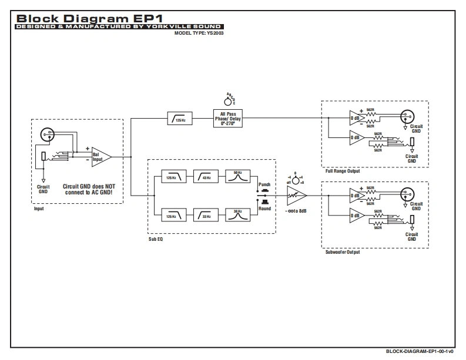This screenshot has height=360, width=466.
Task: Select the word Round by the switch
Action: point(264,208)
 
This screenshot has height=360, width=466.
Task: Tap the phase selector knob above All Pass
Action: point(228,100)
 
